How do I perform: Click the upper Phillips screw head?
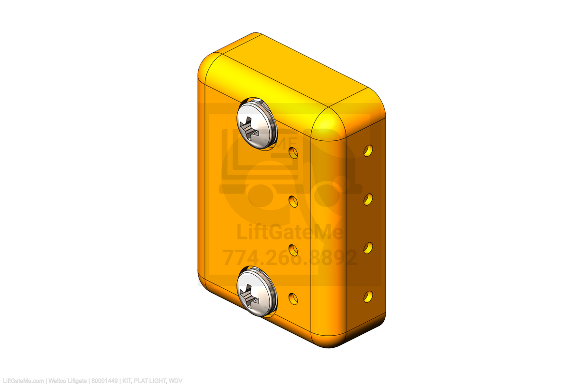[257, 124]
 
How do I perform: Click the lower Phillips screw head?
[257, 292]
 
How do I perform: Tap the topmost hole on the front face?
[293, 153]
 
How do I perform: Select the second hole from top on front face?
[293, 202]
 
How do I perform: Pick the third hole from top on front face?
[293, 250]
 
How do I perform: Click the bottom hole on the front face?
[293, 299]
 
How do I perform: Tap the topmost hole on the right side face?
[368, 150]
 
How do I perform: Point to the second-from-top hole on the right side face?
[368, 199]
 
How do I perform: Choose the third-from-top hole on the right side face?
[368, 248]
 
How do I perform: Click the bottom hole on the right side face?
[368, 297]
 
